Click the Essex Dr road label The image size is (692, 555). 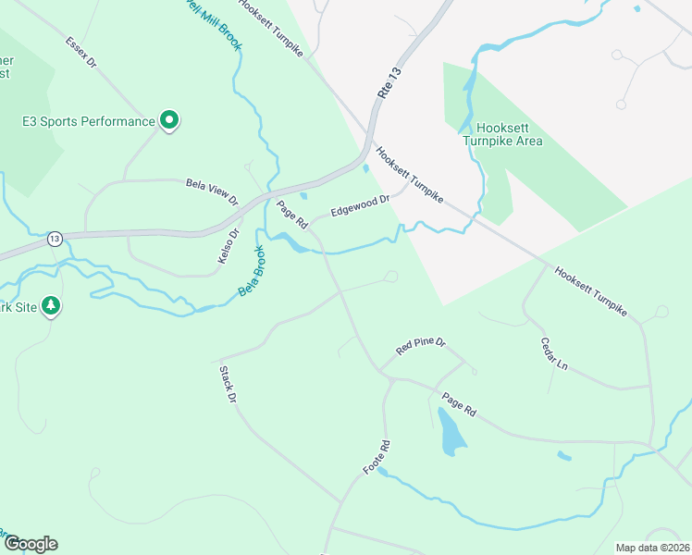pyautogui.click(x=81, y=54)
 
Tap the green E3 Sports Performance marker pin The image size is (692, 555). pyautogui.click(x=169, y=120)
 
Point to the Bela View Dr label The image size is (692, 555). pyautogui.click(x=212, y=191)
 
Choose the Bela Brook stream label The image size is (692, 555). pyautogui.click(x=252, y=271)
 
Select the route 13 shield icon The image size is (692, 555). pyautogui.click(x=55, y=239)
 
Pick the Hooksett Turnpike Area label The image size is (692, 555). pyautogui.click(x=504, y=135)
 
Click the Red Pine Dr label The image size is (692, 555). pyautogui.click(x=421, y=347)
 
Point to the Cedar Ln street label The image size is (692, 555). pyautogui.click(x=553, y=352)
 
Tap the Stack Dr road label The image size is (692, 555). pyautogui.click(x=228, y=384)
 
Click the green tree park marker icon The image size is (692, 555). pyautogui.click(x=52, y=306)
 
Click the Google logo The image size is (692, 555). pyautogui.click(x=31, y=544)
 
